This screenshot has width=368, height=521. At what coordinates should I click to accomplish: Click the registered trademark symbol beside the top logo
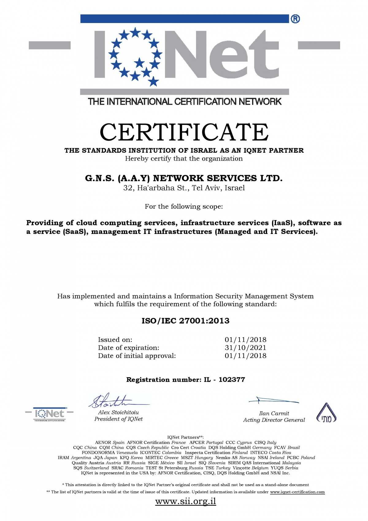(295, 19)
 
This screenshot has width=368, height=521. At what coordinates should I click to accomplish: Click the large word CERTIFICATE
(184, 132)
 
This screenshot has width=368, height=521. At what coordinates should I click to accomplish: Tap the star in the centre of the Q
(140, 63)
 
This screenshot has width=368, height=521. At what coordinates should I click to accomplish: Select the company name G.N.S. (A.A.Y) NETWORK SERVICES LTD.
(184, 178)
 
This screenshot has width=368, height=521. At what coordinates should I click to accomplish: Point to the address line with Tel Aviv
(184, 188)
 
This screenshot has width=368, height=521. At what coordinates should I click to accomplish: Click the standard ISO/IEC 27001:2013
(185, 321)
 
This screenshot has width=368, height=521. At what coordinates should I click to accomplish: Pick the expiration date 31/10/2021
(245, 348)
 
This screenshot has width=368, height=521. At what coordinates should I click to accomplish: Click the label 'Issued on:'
(115, 340)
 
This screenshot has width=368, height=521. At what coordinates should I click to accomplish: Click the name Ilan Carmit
(274, 413)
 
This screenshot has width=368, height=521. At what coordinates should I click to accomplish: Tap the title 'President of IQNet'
(118, 419)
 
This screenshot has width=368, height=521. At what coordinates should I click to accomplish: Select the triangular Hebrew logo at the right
(326, 413)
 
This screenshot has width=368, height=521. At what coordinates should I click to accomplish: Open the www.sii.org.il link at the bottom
(186, 501)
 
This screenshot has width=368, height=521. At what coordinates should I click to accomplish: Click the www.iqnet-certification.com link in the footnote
(297, 492)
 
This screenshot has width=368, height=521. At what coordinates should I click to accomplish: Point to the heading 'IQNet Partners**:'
(186, 437)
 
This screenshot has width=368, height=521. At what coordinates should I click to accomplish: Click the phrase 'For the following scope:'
(184, 206)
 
